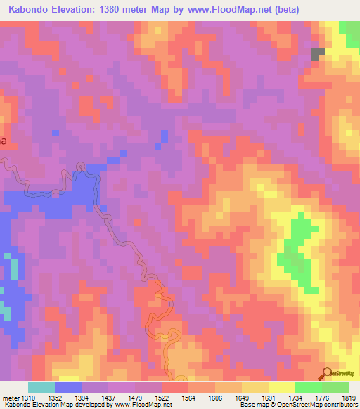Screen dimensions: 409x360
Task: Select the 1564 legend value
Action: (x=188, y=398)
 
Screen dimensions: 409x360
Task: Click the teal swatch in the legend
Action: (x=41, y=387)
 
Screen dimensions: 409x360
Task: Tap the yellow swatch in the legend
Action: (x=282, y=387)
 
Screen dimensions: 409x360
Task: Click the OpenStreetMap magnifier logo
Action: (x=327, y=373)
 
